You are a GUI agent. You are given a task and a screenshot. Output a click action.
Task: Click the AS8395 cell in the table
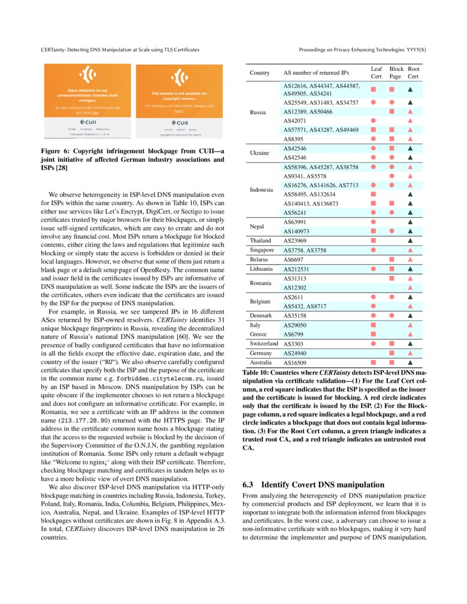click(294, 139)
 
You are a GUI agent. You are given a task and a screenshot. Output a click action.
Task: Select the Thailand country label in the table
click(260, 241)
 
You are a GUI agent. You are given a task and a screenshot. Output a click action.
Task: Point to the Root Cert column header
click(413, 72)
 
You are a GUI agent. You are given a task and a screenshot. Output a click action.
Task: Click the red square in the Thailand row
click(373, 241)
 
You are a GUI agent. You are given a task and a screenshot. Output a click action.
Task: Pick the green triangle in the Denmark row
click(410, 316)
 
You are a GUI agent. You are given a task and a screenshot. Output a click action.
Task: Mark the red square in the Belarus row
click(392, 259)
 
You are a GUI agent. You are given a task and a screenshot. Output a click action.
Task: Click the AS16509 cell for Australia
click(294, 363)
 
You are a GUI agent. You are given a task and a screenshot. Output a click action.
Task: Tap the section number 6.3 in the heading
click(248, 485)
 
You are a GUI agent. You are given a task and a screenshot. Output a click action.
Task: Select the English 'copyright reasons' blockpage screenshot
click(179, 102)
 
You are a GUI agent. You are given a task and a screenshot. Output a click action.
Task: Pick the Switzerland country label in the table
click(263, 344)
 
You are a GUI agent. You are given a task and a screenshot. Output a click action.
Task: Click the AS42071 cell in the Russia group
click(295, 120)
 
